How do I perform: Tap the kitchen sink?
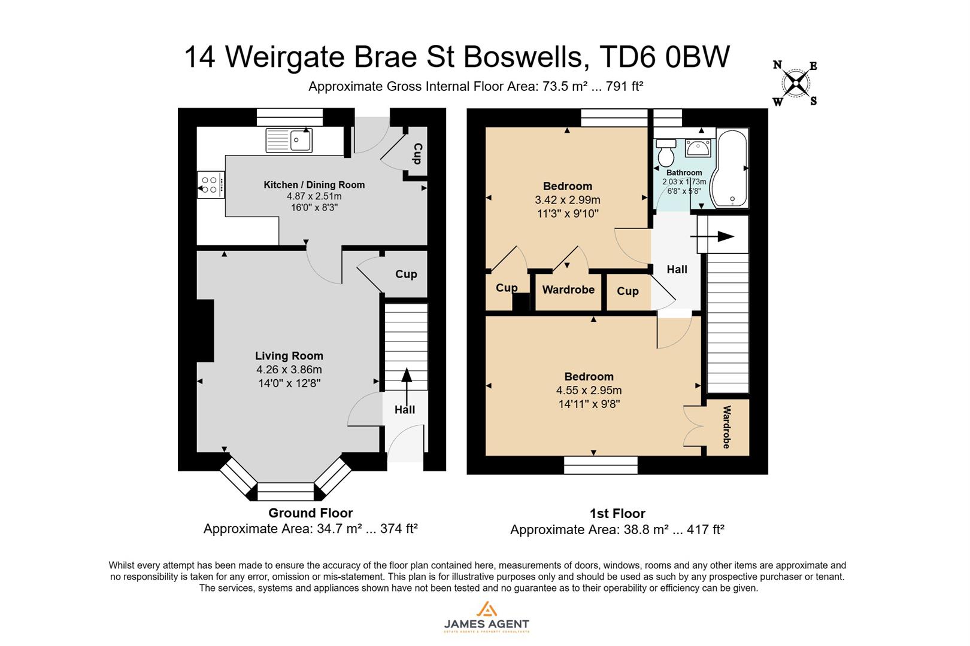pyautogui.click(x=289, y=141)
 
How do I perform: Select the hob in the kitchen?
pyautogui.click(x=210, y=184)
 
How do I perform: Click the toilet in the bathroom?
pyautogui.click(x=665, y=153)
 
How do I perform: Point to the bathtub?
pyautogui.click(x=730, y=169)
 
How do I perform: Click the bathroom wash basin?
pyautogui.click(x=698, y=148)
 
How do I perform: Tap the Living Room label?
pyautogui.click(x=289, y=356)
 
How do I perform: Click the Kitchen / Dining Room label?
pyautogui.click(x=314, y=185)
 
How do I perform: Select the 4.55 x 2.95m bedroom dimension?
pyautogui.click(x=589, y=391)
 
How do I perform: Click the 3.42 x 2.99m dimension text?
pyautogui.click(x=567, y=200)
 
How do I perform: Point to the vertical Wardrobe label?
pyautogui.click(x=727, y=426)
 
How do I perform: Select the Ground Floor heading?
pyautogui.click(x=310, y=513)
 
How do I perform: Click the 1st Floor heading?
pyautogui.click(x=617, y=514)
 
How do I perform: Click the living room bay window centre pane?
pyautogui.click(x=286, y=491)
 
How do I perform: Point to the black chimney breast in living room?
pyautogui.click(x=205, y=331)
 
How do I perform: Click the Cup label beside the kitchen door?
pyautogui.click(x=417, y=154)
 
